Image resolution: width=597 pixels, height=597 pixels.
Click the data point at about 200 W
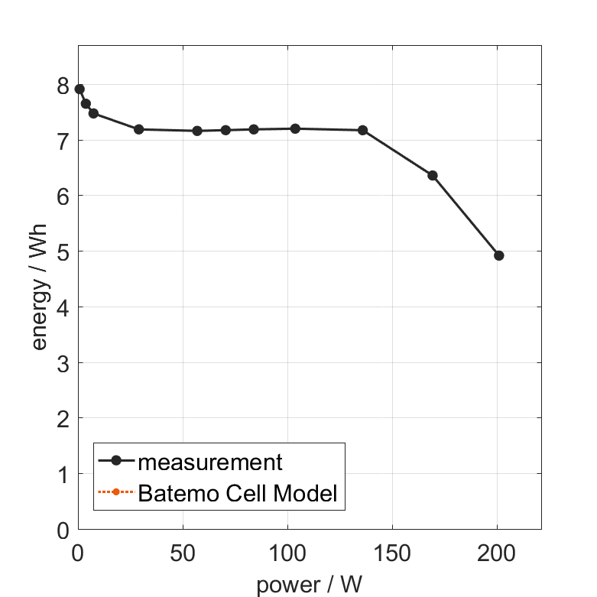pos(499,255)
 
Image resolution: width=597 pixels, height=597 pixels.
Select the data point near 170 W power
pos(433,176)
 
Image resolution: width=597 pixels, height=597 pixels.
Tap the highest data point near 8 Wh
pos(79,89)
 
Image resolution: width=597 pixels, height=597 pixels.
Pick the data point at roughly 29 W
pos(138,129)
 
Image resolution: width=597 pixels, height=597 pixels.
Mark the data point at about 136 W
pos(362,130)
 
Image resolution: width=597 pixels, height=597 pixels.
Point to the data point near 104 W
pos(295,128)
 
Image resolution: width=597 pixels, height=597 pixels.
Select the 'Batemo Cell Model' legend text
pos(237,493)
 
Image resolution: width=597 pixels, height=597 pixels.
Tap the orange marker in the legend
pos(116,493)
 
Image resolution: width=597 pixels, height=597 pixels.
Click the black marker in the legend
pos(116,461)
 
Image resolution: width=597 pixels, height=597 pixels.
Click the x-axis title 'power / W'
pos(309,585)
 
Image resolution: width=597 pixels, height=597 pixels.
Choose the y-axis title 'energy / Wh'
pos(40,287)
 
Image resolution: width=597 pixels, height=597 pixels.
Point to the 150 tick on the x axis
pos(392,554)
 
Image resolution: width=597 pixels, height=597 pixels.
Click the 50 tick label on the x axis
pos(183,554)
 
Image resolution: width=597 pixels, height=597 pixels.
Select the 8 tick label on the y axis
pos(63,86)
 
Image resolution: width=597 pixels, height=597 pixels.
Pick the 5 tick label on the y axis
pos(63,252)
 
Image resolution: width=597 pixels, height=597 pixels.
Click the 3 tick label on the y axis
pos(63,363)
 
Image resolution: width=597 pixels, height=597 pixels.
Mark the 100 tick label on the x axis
pos(287,554)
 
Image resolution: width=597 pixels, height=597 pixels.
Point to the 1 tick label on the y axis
pos(63,475)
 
